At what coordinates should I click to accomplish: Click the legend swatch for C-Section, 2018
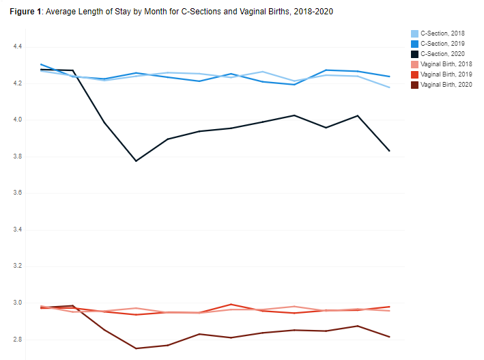pyautogui.click(x=414, y=33)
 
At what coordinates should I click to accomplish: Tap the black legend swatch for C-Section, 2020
pyautogui.click(x=414, y=54)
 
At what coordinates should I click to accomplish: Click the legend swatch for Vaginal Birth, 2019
pyautogui.click(x=414, y=74)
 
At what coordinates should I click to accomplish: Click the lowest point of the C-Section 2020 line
pyautogui.click(x=136, y=161)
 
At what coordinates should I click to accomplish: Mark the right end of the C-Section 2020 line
pyautogui.click(x=389, y=151)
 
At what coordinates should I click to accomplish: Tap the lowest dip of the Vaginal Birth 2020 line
pyautogui.click(x=136, y=348)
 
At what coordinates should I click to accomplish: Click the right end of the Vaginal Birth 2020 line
pyautogui.click(x=389, y=337)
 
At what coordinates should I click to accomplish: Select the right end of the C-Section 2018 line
pyautogui.click(x=389, y=87)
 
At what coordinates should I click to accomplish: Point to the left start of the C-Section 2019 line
pyautogui.click(x=42, y=64)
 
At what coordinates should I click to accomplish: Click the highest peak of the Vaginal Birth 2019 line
pyautogui.click(x=231, y=304)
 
